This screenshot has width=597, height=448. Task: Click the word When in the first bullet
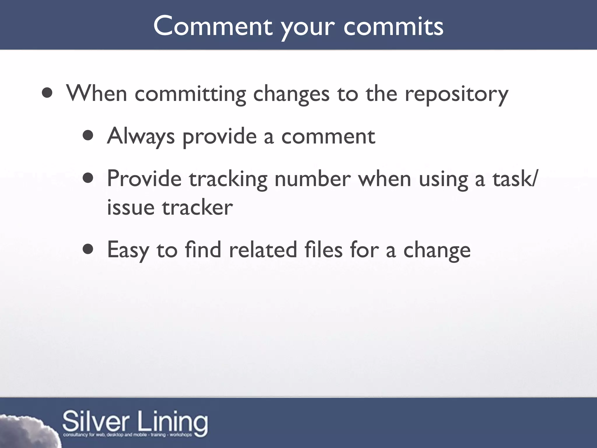point(96,93)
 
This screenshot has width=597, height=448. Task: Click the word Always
point(141,136)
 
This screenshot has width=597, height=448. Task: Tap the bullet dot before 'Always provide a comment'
point(88,136)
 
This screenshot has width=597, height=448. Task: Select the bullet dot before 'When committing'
point(47,93)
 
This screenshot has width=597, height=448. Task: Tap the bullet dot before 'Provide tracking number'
point(88,178)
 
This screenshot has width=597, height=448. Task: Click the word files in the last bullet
point(323,250)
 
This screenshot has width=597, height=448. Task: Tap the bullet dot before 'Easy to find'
point(88,249)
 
